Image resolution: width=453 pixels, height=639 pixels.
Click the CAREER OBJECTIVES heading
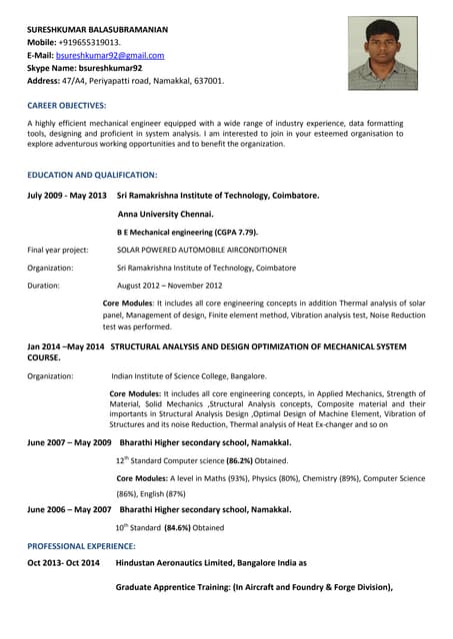point(66,105)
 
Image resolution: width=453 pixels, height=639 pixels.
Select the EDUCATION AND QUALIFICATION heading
point(92,175)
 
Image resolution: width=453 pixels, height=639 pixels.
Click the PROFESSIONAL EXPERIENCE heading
point(81,546)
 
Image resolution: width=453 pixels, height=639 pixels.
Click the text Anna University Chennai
point(165,214)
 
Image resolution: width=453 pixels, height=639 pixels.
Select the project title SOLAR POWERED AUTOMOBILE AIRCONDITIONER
point(202,250)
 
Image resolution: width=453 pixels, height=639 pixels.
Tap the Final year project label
point(58,250)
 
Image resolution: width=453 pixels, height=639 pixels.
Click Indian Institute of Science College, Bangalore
point(189,376)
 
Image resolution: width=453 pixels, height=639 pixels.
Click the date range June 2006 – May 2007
point(69,509)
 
